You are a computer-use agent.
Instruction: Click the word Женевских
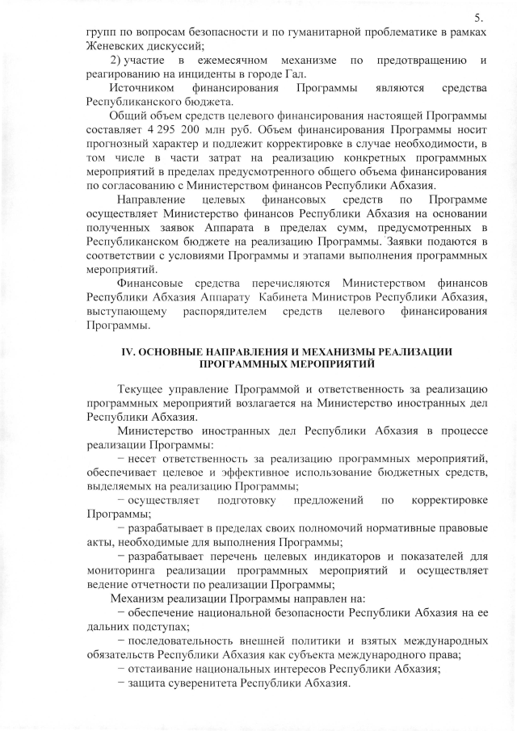tap(113, 45)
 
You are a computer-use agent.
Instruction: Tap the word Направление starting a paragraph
tap(150, 200)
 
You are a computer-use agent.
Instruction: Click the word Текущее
tap(144, 389)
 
